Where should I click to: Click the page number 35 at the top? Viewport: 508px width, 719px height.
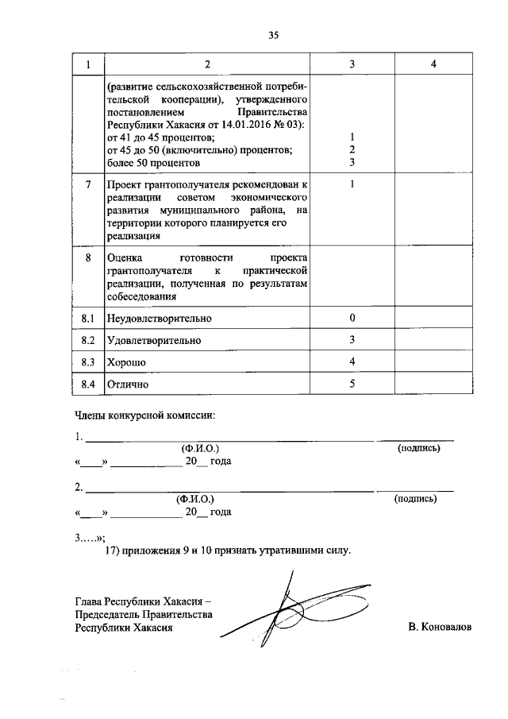coord(274,35)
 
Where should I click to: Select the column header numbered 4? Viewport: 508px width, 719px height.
coord(433,64)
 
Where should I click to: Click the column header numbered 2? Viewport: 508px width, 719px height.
coord(206,64)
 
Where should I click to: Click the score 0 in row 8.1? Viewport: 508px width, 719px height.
coord(352,319)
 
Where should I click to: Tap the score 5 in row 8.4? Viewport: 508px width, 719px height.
coord(352,385)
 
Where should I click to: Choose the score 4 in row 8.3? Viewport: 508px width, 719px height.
coord(352,362)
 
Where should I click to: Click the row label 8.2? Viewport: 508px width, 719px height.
coord(88,341)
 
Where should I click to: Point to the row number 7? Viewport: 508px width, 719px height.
coord(88,185)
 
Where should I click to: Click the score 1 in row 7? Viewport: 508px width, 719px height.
coord(352,185)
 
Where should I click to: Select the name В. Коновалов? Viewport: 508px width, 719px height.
coord(440,627)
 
